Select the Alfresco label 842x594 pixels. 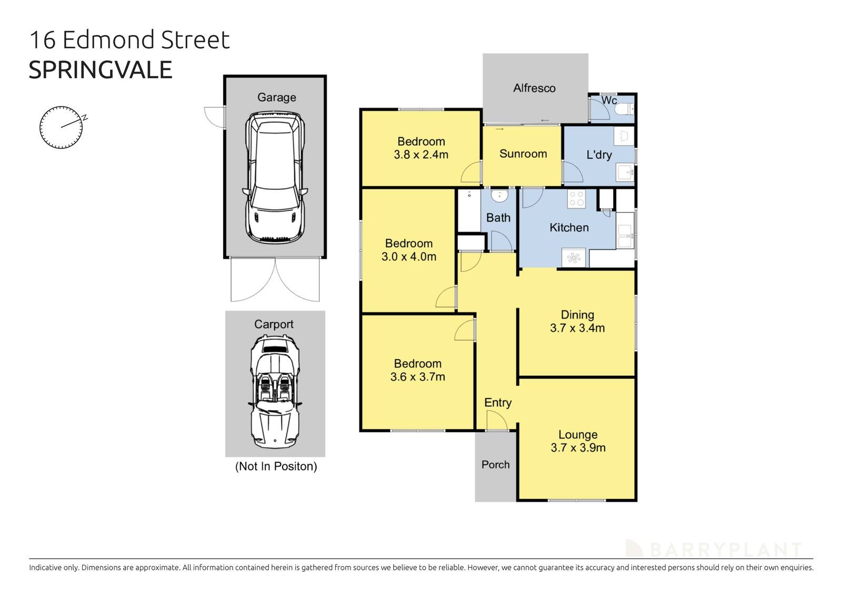(x=534, y=88)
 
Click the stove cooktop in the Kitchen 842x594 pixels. (x=576, y=198)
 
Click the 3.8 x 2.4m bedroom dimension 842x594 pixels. (x=421, y=155)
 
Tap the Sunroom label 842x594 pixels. (x=523, y=153)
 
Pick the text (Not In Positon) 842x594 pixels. (x=276, y=466)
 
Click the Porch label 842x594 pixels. (x=495, y=465)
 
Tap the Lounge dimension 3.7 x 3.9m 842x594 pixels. (x=578, y=448)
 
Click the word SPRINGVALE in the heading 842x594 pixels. (x=101, y=70)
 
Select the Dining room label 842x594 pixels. (x=577, y=315)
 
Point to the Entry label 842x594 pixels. (x=497, y=403)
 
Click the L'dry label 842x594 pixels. (x=599, y=155)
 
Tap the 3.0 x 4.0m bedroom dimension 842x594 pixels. (x=409, y=257)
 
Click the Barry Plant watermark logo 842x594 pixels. (x=713, y=549)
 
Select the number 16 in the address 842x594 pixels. (x=43, y=40)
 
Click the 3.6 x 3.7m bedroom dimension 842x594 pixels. (x=418, y=377)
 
